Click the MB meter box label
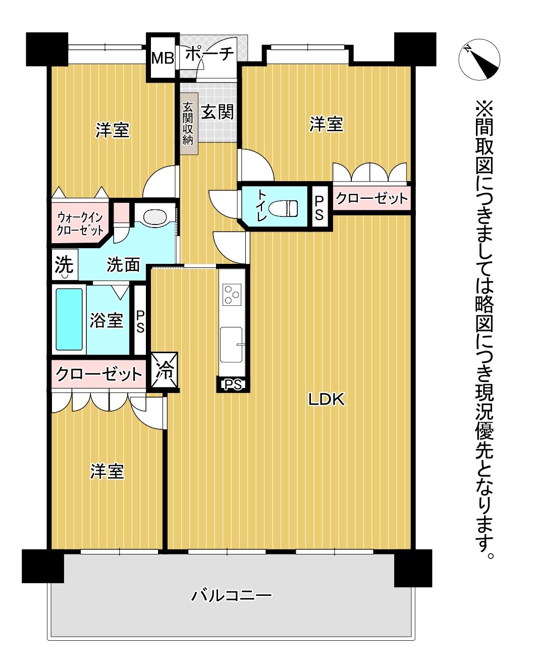click(163, 58)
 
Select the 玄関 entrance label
click(218, 111)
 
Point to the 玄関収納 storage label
click(188, 124)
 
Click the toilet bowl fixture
click(283, 208)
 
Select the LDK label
click(326, 400)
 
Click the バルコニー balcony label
click(231, 595)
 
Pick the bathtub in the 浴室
click(69, 319)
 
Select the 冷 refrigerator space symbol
click(165, 372)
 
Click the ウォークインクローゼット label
click(80, 224)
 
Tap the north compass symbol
click(479, 60)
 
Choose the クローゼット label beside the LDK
click(371, 198)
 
